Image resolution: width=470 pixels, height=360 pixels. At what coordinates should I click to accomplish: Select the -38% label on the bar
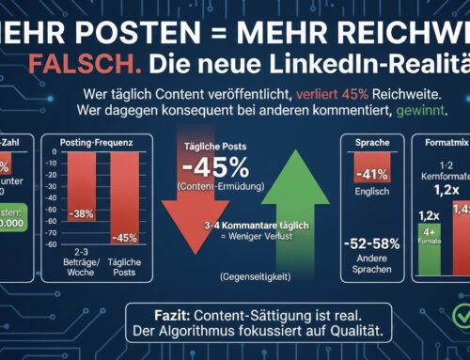(x=84, y=212)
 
